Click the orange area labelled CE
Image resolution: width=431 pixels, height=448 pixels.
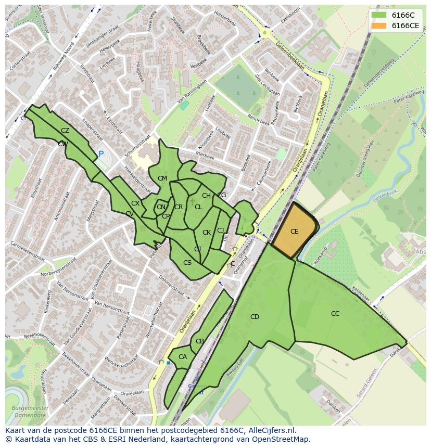(294, 232)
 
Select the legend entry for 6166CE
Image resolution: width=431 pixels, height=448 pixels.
(405, 25)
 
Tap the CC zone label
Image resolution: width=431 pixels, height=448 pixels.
(335, 314)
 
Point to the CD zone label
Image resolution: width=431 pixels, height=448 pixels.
(255, 317)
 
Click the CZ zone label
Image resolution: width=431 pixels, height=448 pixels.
(65, 131)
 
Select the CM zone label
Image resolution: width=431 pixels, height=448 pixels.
(162, 178)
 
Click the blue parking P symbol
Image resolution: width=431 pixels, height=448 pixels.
(101, 154)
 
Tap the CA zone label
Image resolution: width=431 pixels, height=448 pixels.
(183, 357)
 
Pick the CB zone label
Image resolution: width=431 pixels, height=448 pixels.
(200, 342)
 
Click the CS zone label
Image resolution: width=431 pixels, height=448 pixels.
(187, 263)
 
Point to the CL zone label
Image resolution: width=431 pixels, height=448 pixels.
(198, 207)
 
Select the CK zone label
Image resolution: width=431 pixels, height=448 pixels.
(207, 233)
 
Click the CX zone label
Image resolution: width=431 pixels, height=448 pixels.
(135, 203)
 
